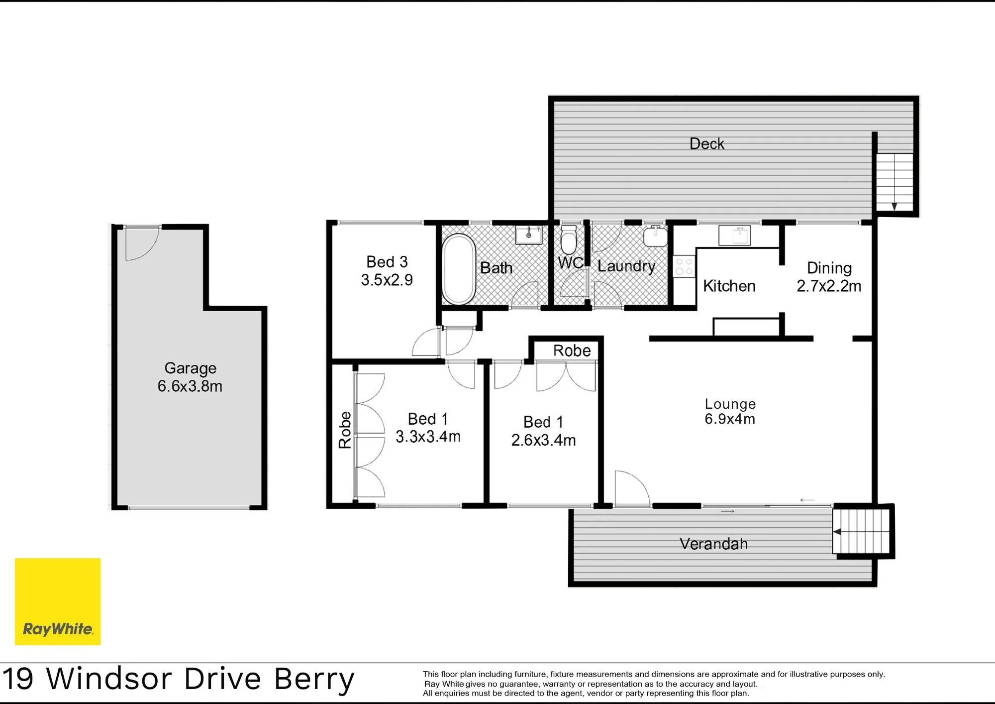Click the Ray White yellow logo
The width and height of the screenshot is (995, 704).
point(58,601)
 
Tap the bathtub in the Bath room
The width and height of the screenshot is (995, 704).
point(459,269)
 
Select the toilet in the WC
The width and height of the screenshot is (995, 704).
point(568,239)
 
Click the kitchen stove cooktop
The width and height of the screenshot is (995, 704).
point(684,266)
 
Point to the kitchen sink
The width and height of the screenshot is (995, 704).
point(734,235)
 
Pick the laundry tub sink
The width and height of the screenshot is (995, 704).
point(655,236)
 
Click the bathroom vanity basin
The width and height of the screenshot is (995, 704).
point(529,235)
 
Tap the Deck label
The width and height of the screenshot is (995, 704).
point(706,144)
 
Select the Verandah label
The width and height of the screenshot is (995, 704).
point(713,544)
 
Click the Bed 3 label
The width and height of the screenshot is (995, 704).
point(387,262)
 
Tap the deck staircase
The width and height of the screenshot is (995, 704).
point(895,182)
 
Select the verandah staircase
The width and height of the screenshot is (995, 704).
point(861,531)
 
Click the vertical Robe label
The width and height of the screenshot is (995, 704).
point(345,430)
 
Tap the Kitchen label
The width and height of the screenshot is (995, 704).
point(729,286)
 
